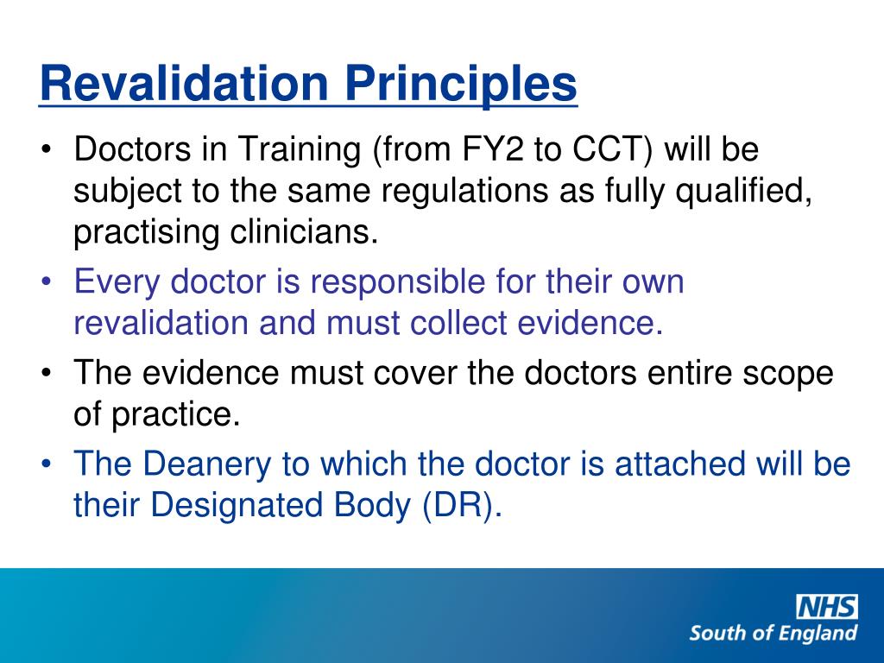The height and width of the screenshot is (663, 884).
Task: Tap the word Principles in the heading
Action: [462, 85]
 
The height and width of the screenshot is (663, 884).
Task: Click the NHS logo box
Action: [826, 607]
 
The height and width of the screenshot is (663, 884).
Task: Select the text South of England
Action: [773, 633]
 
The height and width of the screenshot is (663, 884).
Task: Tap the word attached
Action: [679, 464]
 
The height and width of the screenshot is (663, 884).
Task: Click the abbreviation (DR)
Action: [462, 507]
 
